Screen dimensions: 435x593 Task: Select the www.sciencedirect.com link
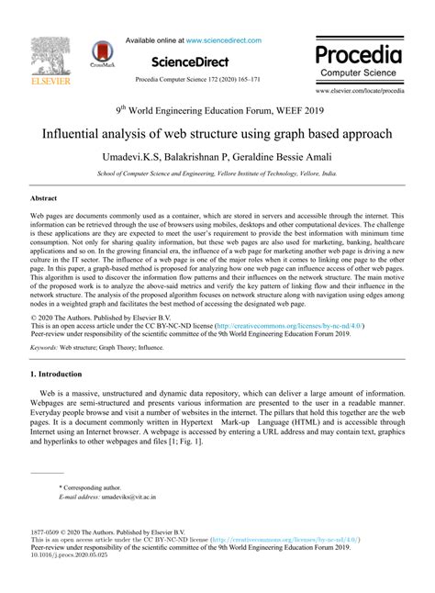coord(223,40)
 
